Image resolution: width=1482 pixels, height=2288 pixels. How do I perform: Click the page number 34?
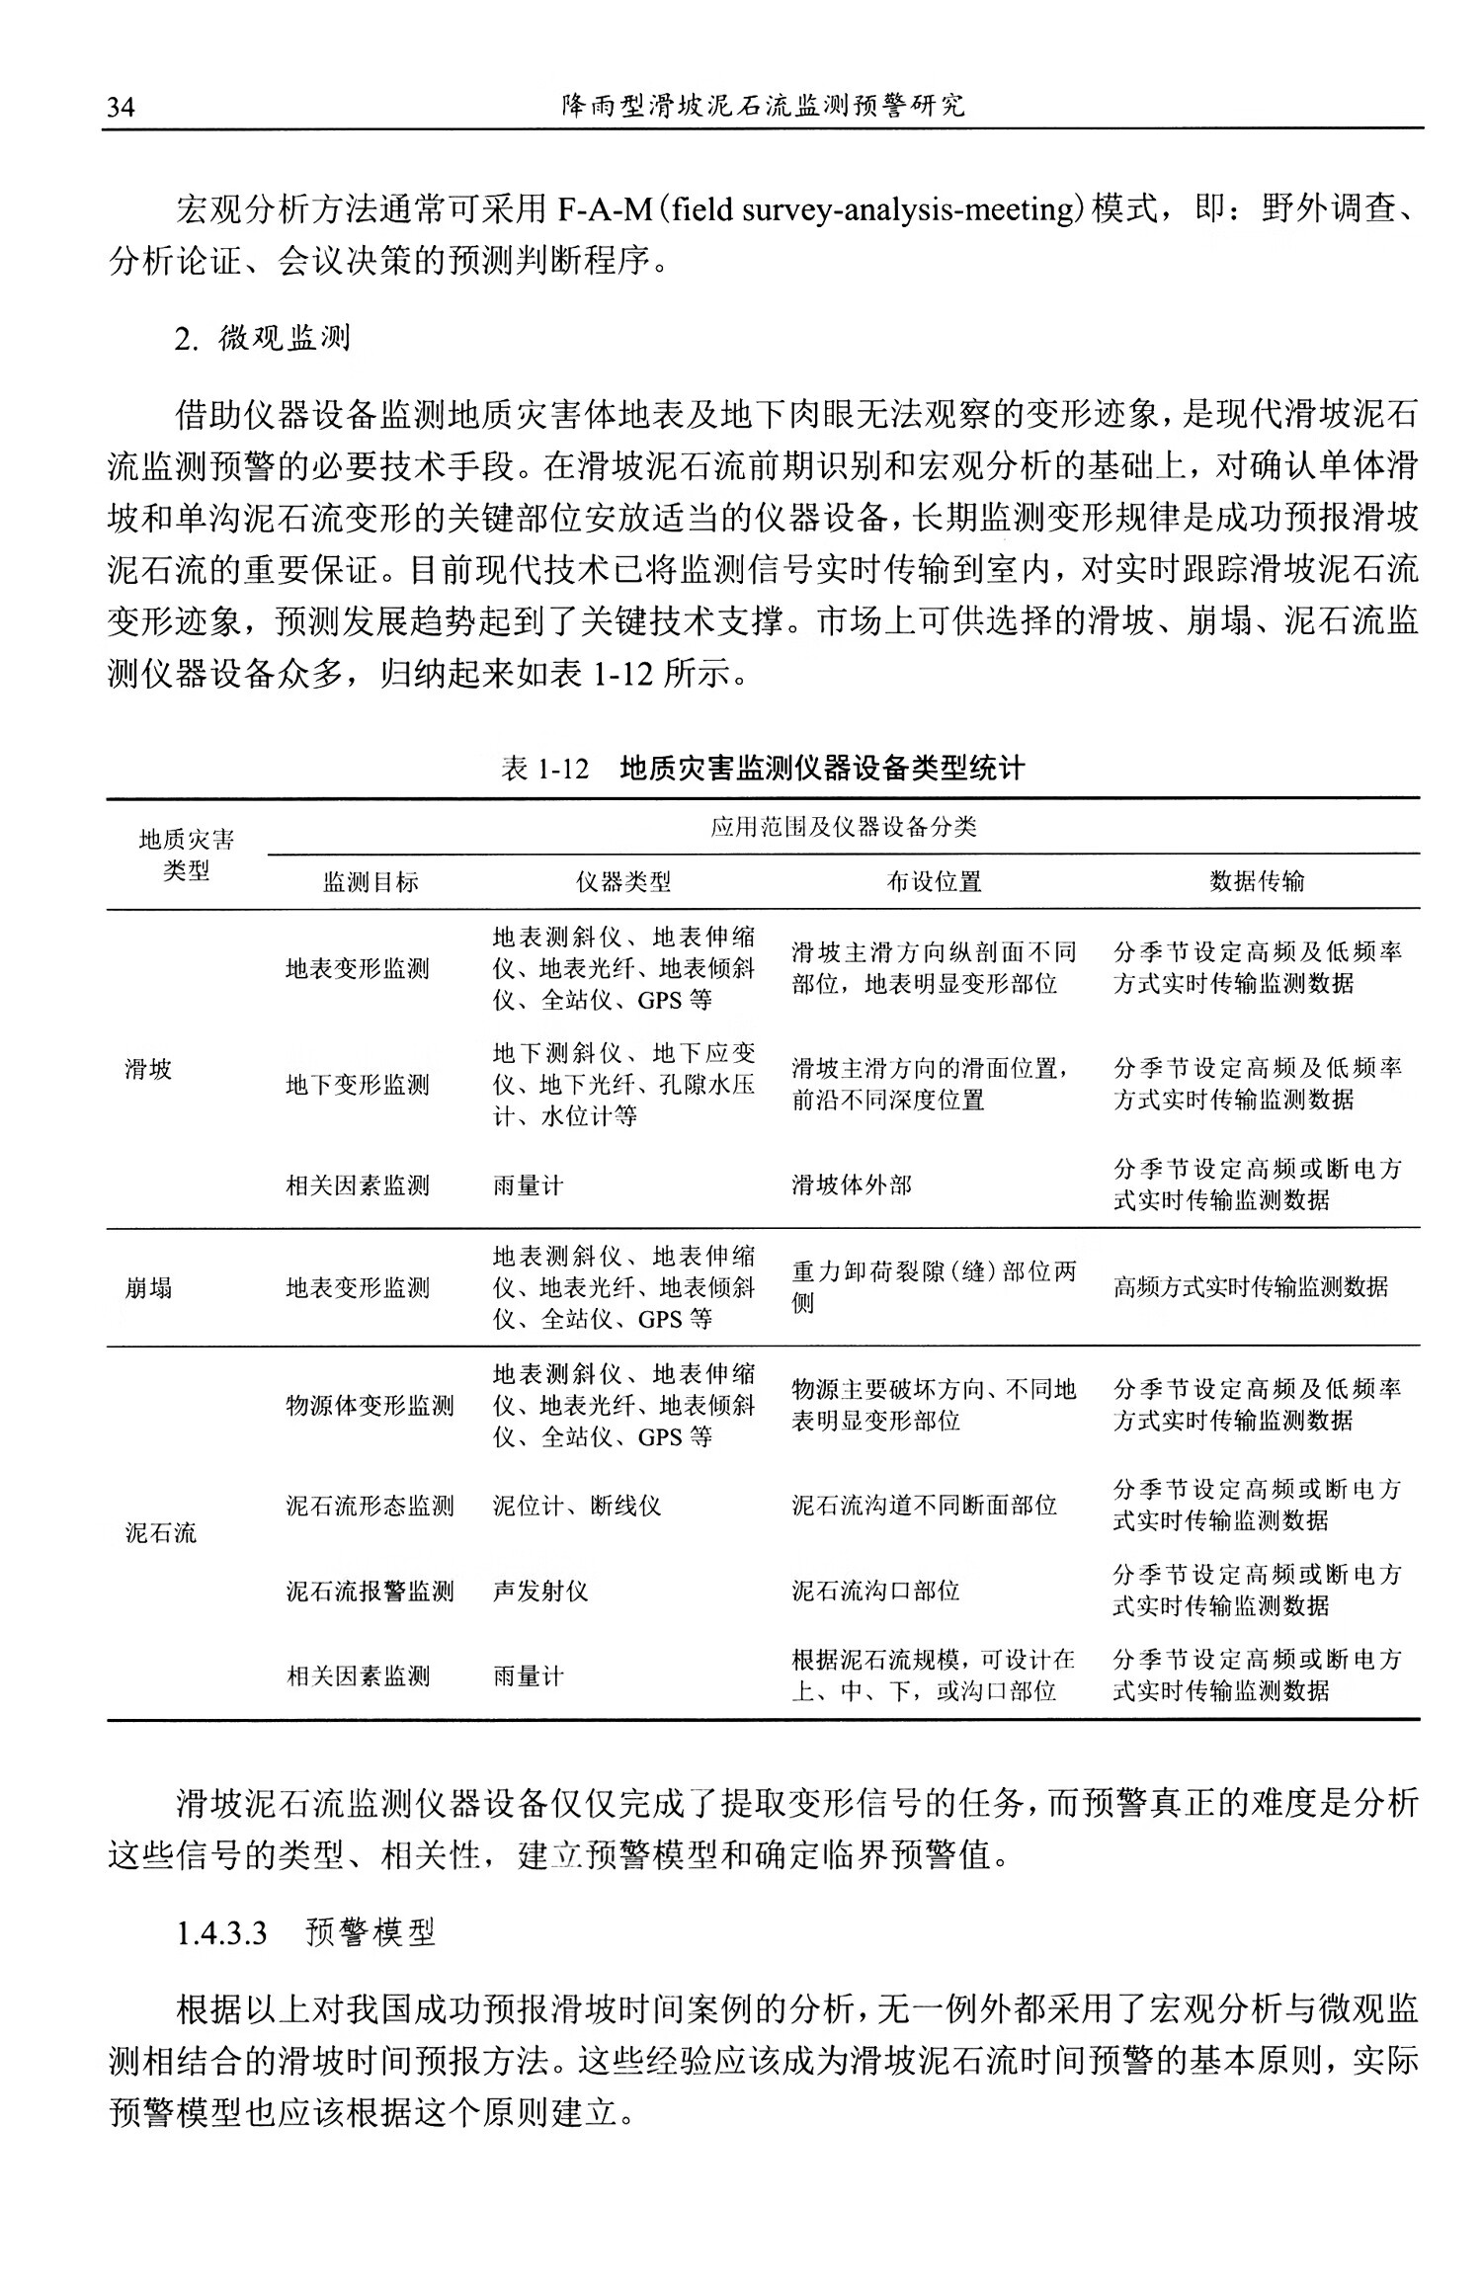click(x=120, y=107)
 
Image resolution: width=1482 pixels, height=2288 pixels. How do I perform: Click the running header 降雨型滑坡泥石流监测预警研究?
click(x=762, y=106)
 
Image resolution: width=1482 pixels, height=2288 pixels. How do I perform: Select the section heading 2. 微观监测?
click(x=263, y=339)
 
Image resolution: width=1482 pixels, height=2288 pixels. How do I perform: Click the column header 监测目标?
click(x=370, y=881)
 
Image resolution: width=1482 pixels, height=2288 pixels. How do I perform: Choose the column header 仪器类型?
click(x=623, y=881)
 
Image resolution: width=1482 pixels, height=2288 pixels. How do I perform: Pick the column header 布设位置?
click(x=934, y=881)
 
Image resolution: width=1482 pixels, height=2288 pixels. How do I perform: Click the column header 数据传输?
click(x=1257, y=881)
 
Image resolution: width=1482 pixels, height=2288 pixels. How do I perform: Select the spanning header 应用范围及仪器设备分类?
click(x=843, y=827)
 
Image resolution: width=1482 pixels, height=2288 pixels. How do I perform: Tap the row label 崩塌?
click(x=148, y=1287)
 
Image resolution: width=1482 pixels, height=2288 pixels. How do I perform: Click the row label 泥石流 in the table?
click(x=161, y=1532)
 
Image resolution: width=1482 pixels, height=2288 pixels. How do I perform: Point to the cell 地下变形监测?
click(x=358, y=1085)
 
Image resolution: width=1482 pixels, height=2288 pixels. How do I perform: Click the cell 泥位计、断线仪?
click(x=577, y=1506)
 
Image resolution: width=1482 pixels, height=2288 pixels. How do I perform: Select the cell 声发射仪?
click(x=540, y=1591)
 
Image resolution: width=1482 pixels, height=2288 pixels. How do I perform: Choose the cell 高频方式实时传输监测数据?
click(x=1250, y=1286)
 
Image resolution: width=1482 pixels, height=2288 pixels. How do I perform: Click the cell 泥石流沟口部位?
click(x=875, y=1591)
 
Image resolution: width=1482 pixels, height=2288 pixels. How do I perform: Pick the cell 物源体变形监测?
click(x=370, y=1405)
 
